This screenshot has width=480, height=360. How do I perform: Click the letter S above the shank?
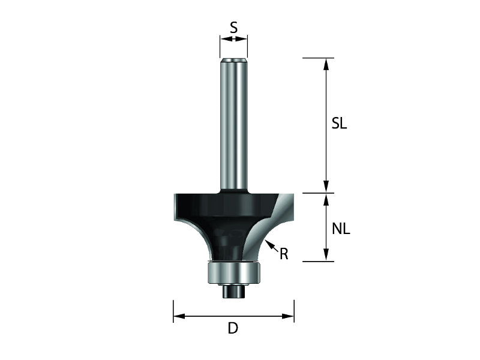(x=233, y=28)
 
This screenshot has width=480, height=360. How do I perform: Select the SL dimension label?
(x=339, y=124)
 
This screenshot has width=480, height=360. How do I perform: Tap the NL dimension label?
(x=341, y=229)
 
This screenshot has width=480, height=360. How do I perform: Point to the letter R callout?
(x=284, y=254)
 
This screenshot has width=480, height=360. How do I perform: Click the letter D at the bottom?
(x=233, y=328)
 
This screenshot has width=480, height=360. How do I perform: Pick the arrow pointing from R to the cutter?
(x=272, y=245)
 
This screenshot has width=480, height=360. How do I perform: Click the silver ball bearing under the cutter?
(x=233, y=273)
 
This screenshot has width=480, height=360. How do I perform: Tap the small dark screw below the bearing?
(x=233, y=291)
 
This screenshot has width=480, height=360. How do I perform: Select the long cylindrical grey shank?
(x=233, y=125)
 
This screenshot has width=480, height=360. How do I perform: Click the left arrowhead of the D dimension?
(x=179, y=316)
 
